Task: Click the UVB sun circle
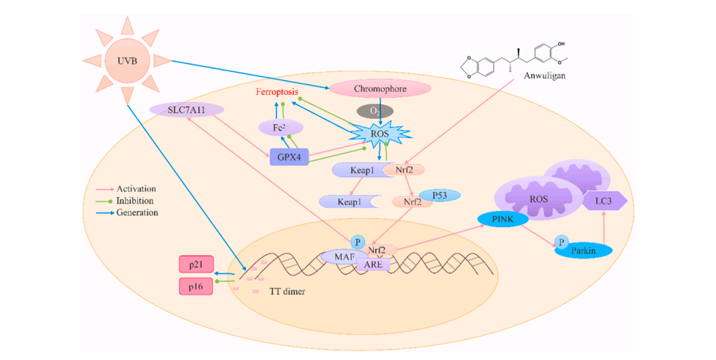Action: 127,61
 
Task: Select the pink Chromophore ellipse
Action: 380,89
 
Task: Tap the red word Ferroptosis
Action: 277,93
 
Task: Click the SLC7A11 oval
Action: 187,109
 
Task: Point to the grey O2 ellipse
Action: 375,110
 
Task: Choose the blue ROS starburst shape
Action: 380,134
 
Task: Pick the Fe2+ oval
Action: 281,127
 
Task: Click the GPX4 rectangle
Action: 289,156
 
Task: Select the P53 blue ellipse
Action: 439,195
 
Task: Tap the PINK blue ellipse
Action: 503,219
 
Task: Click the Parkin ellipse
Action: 584,251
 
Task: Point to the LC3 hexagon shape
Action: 604,201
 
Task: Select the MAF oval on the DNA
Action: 344,256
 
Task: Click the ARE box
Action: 373,264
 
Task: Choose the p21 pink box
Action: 196,264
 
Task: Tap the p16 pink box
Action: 196,287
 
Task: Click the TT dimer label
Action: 287,291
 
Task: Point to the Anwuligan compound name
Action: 544,76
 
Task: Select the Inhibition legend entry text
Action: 134,201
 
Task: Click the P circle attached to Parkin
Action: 562,242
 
